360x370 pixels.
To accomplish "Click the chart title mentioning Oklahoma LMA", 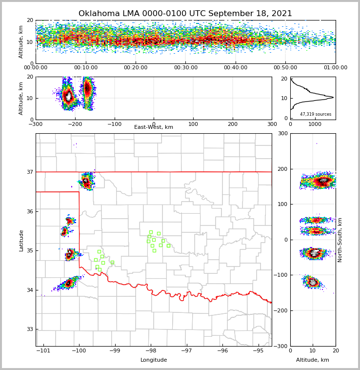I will click(185, 14).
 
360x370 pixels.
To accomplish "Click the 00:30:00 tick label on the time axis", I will click(185, 68).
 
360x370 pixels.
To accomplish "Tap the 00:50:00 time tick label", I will click(285, 68).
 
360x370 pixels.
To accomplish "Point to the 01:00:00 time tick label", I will click(335, 68).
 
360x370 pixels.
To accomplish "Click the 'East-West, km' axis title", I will click(154, 127).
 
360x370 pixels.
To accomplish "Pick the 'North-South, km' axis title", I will click(340, 240).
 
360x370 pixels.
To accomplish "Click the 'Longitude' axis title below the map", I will click(154, 360).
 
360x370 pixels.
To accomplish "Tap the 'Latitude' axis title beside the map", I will click(21, 240).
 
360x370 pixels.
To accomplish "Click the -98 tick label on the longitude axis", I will click(150, 351).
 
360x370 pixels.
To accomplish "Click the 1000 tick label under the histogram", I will click(315, 124).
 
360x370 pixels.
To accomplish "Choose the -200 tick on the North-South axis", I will click(281, 311).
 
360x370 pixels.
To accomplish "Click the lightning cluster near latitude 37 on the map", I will click(86, 182).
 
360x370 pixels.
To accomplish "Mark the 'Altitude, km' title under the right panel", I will click(312, 360).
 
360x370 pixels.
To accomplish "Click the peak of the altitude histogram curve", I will click(333, 97).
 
